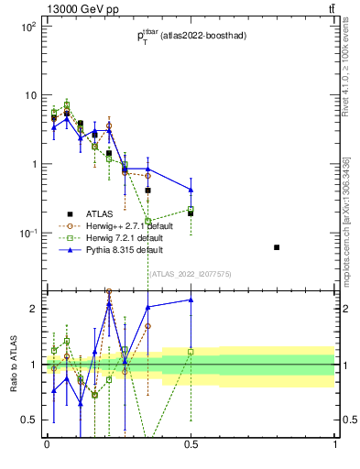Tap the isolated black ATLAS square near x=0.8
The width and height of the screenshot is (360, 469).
277,247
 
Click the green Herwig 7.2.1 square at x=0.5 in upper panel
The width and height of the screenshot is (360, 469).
191,210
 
